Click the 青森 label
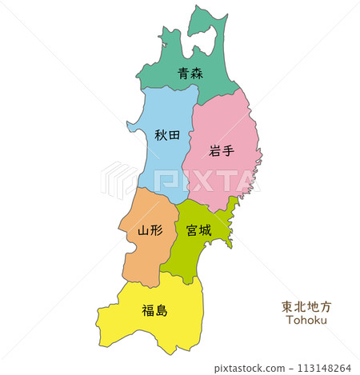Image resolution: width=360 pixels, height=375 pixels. (x=190, y=74)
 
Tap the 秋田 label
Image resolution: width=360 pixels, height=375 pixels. (x=167, y=135)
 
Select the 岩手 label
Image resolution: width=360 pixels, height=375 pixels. (x=221, y=150)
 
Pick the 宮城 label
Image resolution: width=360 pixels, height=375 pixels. (x=198, y=230)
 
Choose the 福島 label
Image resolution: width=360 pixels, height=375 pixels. (x=154, y=309)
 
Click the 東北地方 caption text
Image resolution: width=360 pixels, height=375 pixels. (x=306, y=306)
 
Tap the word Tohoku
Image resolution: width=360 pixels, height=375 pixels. (x=306, y=320)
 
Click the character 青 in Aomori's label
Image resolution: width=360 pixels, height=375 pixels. (x=183, y=74)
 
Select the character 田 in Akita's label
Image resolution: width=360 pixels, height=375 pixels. (x=174, y=135)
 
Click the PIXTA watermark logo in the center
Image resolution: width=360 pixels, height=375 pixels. (x=180, y=180)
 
